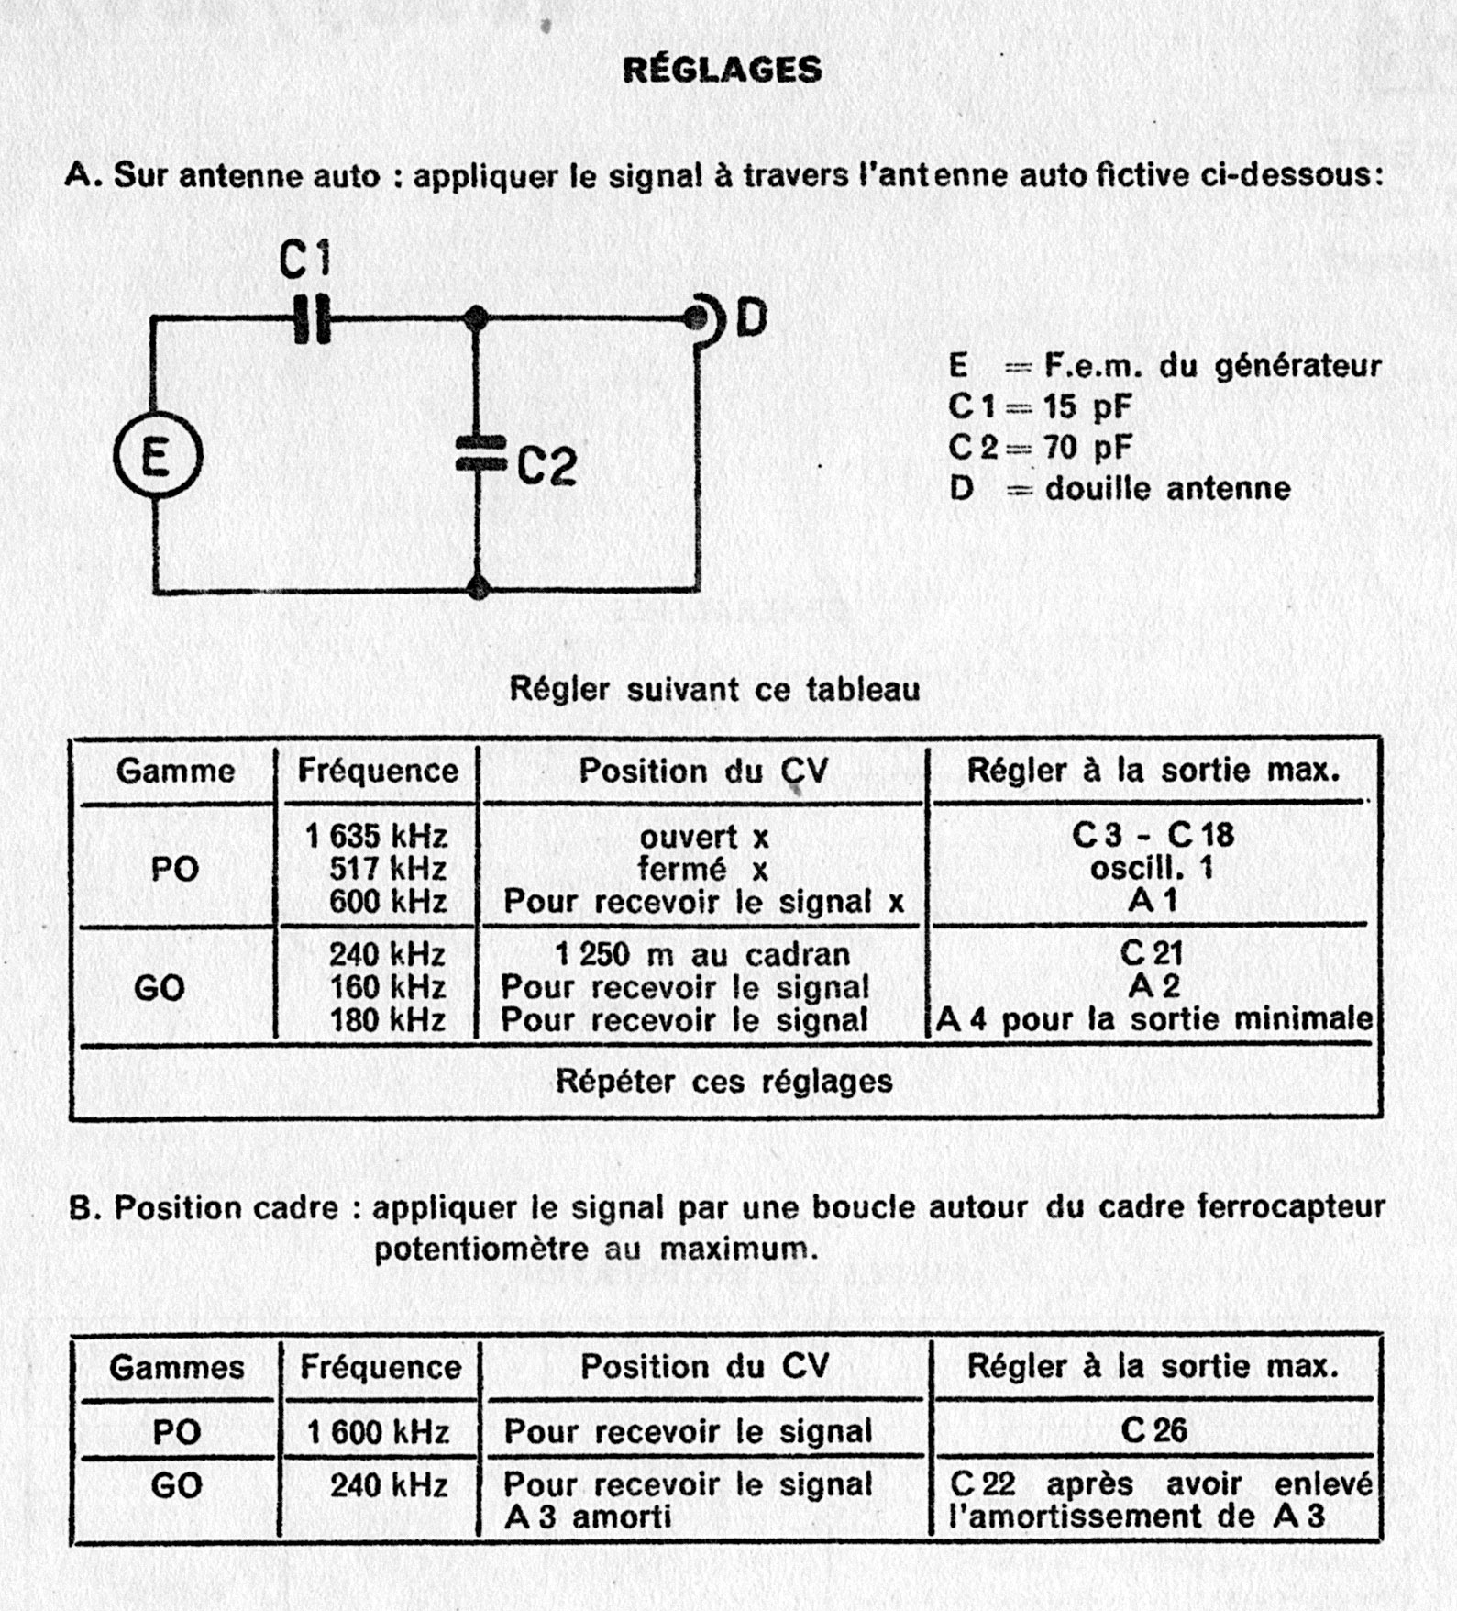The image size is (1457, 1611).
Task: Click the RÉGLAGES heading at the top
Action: click(x=722, y=71)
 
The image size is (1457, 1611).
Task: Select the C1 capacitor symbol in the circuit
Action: click(x=313, y=319)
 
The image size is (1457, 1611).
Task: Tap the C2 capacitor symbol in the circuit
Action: click(x=479, y=453)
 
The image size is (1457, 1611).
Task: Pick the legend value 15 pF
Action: click(x=1087, y=406)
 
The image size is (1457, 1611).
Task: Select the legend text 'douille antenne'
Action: click(x=1167, y=488)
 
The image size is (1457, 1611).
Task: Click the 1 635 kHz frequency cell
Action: click(x=376, y=836)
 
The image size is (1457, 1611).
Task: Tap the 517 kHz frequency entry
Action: click(x=388, y=868)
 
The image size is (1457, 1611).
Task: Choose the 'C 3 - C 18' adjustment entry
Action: click(x=1153, y=835)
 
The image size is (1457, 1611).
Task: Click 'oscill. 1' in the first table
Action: click(x=1152, y=868)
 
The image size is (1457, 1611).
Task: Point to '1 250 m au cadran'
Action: click(x=702, y=955)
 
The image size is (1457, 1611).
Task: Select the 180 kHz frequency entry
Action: click(x=388, y=1019)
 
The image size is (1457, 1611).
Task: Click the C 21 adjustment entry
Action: click(x=1152, y=954)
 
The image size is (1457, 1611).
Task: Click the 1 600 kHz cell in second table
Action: click(x=379, y=1432)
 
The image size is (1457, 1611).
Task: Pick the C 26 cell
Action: click(x=1153, y=1430)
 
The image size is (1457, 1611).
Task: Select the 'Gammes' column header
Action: click(x=177, y=1368)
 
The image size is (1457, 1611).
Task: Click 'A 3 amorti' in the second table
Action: click(x=588, y=1517)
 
